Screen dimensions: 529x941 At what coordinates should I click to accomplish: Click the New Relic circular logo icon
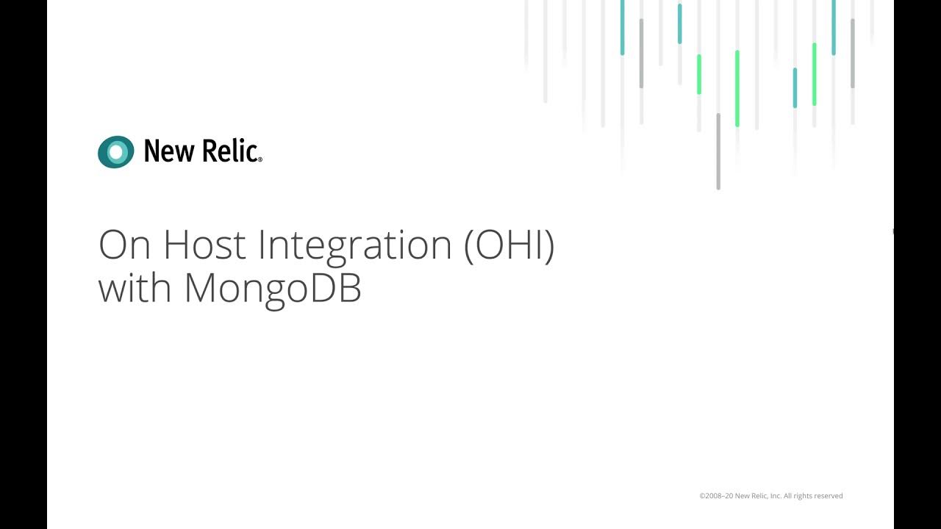tap(116, 152)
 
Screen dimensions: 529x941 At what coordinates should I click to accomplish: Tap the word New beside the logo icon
tap(168, 151)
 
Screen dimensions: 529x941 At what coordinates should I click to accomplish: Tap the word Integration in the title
tap(355, 246)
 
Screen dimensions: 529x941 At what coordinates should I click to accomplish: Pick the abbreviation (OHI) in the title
tap(509, 246)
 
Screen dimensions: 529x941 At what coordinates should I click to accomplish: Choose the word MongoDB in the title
tap(273, 289)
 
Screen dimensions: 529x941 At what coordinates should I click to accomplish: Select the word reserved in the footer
tap(829, 496)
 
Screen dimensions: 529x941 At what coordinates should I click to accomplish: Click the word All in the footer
tap(788, 496)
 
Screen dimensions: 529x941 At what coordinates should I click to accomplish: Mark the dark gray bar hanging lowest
tap(718, 151)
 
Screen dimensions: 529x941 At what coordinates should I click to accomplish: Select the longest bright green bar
tap(737, 88)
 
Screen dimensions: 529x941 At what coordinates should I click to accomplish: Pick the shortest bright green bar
tap(699, 74)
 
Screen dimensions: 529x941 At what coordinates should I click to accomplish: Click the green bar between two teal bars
tap(814, 74)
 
